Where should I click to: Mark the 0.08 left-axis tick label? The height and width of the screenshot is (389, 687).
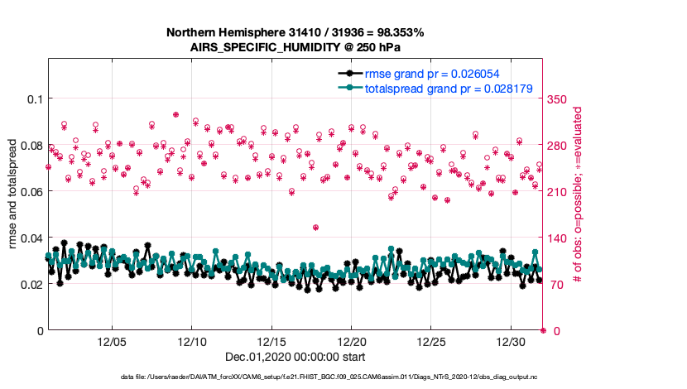click(x=29, y=146)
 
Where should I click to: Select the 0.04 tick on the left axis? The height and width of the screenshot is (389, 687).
click(x=29, y=238)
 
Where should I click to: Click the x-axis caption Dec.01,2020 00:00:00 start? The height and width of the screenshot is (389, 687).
click(x=294, y=357)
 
